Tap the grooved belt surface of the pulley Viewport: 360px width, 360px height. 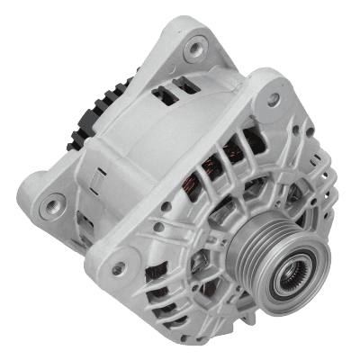pyautogui.click(x=261, y=247)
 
